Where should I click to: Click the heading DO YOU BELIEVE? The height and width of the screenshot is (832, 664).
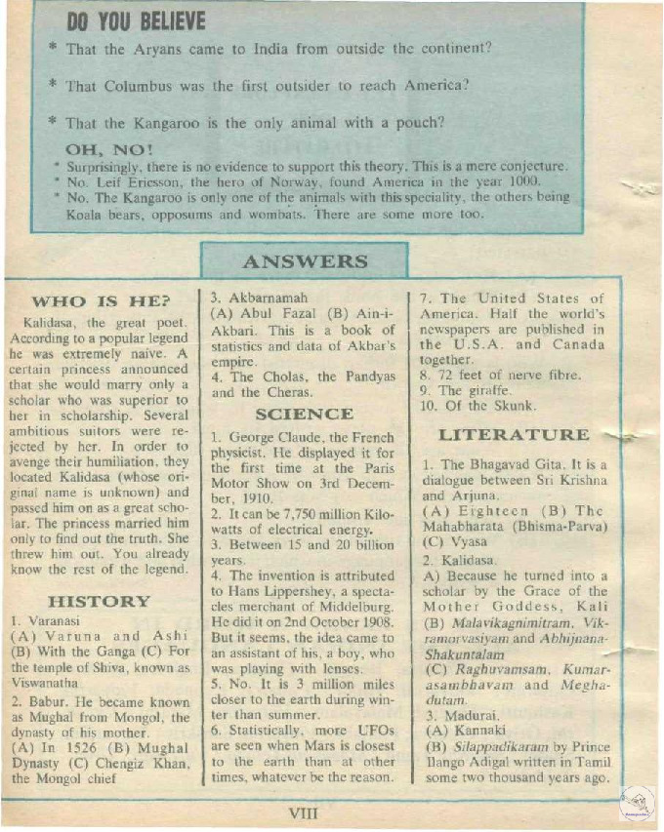[x=136, y=21]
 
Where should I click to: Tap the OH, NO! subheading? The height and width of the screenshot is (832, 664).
[x=108, y=149]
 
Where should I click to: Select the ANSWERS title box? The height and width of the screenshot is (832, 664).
[x=305, y=261]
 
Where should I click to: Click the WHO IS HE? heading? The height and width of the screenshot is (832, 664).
[x=101, y=300]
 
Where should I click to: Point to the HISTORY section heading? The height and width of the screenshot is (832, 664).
[x=99, y=601]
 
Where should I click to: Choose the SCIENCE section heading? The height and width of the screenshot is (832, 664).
[x=304, y=414]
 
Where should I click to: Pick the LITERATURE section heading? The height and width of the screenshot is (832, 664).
[x=514, y=434]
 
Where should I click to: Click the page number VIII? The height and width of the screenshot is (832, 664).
[x=305, y=812]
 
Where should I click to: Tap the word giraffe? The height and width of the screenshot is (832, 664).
[x=490, y=390]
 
